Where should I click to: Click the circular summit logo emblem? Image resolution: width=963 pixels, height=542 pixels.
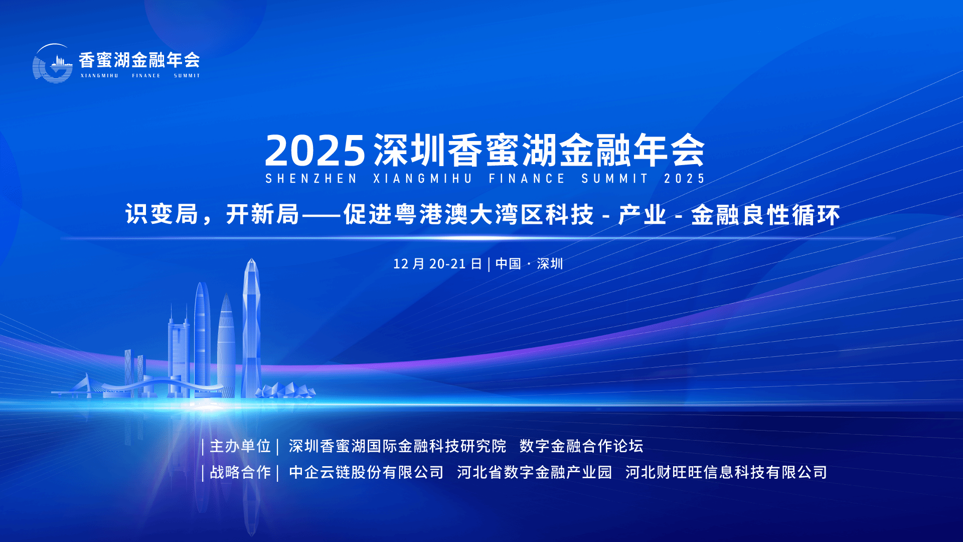coord(53,63)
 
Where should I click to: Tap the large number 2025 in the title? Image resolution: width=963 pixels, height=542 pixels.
coord(315,151)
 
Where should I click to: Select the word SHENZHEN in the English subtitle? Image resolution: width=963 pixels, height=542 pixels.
coord(311,179)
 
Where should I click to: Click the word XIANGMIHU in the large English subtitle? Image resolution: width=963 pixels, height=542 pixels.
coord(423,179)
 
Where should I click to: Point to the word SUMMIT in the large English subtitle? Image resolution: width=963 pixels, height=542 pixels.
coord(615,179)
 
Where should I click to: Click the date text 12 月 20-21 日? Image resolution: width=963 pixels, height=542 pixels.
coord(437,264)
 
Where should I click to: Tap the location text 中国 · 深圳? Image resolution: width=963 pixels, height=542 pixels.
coord(529,264)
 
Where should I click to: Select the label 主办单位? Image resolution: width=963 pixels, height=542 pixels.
coord(240,446)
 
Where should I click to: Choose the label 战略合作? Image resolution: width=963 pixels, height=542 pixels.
coord(240,472)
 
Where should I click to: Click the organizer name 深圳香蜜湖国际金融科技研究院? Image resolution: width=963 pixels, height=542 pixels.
coord(397,446)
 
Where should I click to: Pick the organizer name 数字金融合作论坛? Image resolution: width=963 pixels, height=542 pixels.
coord(581,446)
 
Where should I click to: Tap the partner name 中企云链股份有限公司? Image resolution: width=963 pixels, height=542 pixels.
coord(366,472)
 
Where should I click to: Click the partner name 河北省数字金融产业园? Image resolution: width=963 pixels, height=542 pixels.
coord(535,472)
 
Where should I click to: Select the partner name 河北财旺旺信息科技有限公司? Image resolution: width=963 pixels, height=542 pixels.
coord(726,472)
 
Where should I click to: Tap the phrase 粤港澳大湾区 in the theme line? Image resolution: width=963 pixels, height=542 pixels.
coord(457,215)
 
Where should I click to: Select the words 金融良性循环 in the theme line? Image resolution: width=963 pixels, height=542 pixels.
coord(765,215)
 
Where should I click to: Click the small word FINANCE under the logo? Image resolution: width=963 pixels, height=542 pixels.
coord(146,76)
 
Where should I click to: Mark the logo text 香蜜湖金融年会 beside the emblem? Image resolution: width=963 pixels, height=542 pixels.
coord(139,60)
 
